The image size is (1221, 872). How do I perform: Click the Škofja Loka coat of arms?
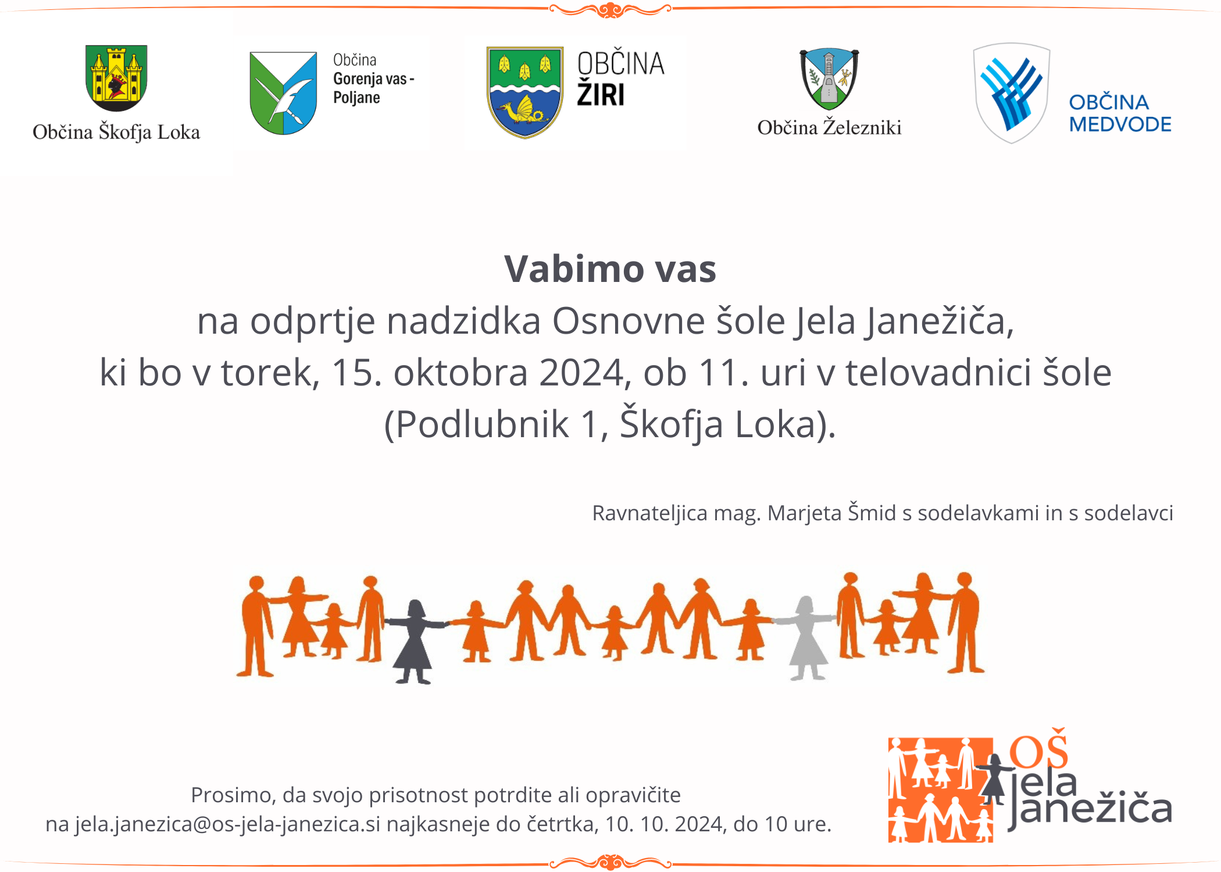tap(116, 78)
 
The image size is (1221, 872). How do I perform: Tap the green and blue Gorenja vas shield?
tap(283, 93)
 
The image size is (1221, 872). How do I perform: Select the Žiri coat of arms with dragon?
tap(525, 92)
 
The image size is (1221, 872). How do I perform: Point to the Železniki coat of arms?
tap(829, 79)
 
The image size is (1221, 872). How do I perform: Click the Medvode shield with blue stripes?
tap(1012, 93)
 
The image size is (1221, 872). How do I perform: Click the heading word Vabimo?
tap(573, 269)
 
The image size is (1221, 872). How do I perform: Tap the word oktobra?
tap(460, 372)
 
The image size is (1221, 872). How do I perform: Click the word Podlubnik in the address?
tap(482, 424)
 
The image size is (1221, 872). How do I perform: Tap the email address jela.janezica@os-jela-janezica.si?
tap(227, 824)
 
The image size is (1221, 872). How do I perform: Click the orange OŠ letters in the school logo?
tap(1038, 748)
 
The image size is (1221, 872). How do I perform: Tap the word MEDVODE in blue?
tap(1120, 124)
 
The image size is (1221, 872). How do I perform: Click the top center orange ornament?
tap(610, 10)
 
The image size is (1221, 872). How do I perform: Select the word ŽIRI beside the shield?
tap(601, 94)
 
